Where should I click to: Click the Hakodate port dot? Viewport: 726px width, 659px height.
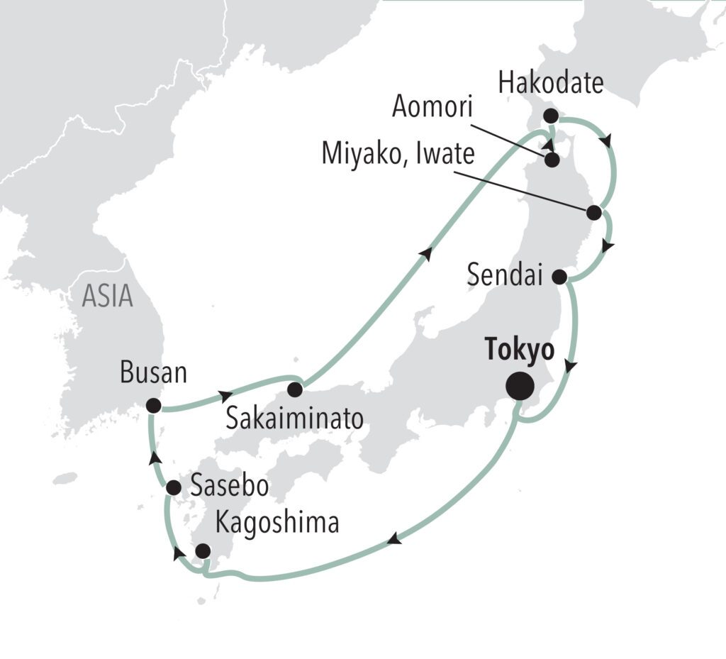point(549,116)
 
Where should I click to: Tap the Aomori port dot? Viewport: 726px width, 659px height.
point(552,160)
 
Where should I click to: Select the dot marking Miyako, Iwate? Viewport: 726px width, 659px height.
point(594,212)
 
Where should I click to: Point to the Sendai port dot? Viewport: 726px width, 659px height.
point(559,276)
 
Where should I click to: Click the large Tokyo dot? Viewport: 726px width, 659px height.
point(520,387)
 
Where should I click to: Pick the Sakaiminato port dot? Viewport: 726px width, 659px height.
point(295,389)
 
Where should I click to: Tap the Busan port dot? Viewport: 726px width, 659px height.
point(152,406)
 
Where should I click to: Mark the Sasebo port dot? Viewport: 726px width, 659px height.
point(173,487)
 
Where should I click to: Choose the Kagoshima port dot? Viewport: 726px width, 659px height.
point(203,550)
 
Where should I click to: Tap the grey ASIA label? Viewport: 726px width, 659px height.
point(107,297)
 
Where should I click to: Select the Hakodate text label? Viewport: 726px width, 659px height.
point(551,83)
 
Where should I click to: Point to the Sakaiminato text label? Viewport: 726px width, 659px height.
point(294,419)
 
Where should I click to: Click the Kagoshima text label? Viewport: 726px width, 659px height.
point(277,524)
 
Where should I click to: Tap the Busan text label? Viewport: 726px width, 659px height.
point(154,373)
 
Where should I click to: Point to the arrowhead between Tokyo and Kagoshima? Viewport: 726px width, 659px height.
point(394,541)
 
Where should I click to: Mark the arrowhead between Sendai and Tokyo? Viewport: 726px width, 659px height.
point(571,367)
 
